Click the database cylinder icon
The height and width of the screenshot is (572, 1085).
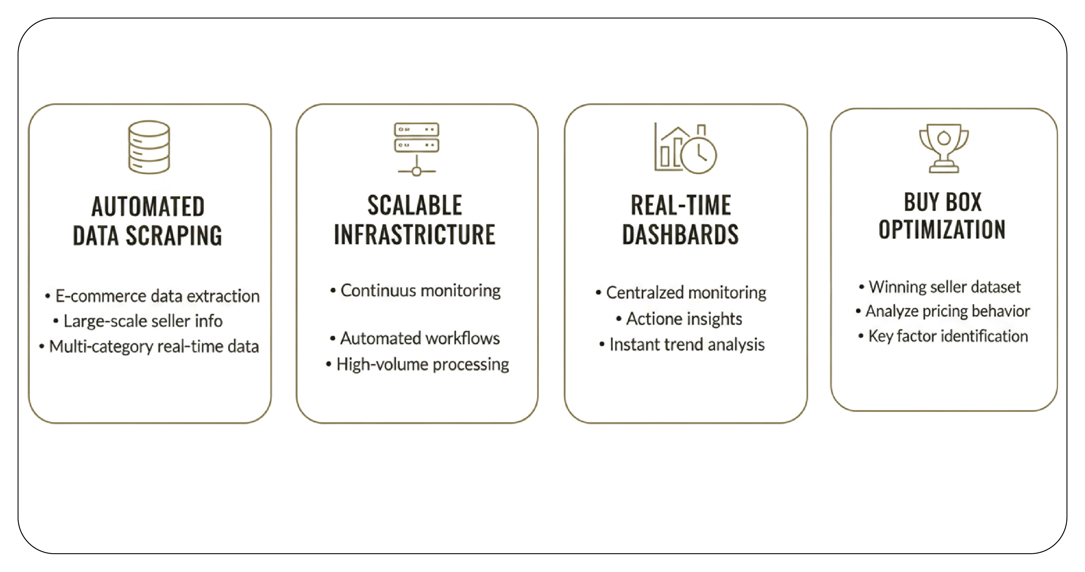(149, 147)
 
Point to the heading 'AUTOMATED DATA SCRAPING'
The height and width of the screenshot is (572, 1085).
(148, 221)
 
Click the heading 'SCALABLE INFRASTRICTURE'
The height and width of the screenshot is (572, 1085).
(415, 219)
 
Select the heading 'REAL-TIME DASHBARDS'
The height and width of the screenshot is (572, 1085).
(681, 219)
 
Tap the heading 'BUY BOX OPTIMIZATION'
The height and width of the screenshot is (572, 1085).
(942, 216)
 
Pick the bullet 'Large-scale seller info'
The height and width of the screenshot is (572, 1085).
(138, 321)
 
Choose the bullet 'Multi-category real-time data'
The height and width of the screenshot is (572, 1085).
(149, 347)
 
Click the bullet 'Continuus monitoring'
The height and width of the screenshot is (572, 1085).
(415, 291)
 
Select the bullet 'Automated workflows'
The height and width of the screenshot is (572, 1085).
(415, 338)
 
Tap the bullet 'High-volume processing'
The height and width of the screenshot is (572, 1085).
(417, 364)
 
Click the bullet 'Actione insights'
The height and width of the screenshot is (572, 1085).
(679, 319)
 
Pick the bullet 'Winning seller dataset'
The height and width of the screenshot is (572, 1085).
(940, 287)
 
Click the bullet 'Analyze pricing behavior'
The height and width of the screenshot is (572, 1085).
(943, 311)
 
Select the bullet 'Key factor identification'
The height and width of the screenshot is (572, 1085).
(943, 336)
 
